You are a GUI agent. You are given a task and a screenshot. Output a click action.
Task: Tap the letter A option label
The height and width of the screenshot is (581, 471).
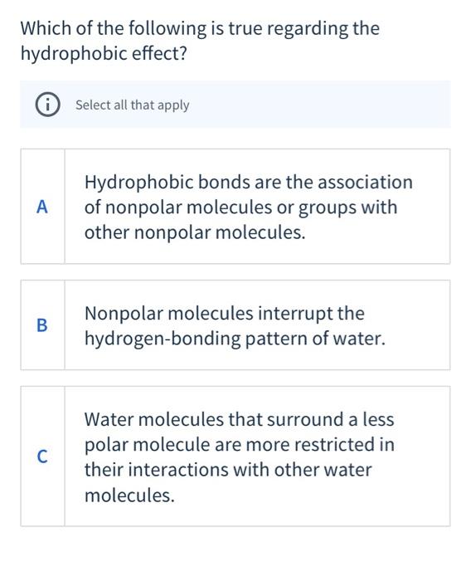coord(42,207)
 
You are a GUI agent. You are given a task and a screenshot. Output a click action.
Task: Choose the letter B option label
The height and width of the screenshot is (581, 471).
coord(42,325)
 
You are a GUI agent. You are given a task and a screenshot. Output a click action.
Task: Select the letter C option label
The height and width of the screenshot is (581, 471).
coord(42,456)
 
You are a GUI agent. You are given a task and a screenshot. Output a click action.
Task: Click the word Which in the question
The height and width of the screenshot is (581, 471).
coord(45,28)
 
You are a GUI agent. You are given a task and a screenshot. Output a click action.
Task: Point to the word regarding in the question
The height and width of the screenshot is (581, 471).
coord(306,28)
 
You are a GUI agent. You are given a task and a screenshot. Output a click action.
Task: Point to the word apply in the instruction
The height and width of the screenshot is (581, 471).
coord(174,105)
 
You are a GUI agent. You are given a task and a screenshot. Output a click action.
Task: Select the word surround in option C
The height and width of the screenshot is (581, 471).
coord(306,419)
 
